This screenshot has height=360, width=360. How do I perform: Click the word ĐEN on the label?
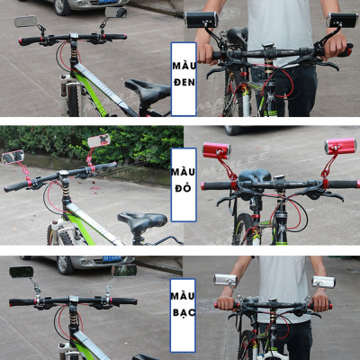pos(184,82)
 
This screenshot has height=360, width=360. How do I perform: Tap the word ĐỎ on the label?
pos(183,187)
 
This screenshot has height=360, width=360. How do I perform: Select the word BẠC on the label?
pos(184,313)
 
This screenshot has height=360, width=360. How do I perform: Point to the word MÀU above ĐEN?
pos(184,66)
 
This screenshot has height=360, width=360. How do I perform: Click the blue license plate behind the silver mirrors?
pos(112,258)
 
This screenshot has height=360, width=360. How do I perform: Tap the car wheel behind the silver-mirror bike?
pos(65,265)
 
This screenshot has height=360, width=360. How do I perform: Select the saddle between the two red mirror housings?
pos(255,175)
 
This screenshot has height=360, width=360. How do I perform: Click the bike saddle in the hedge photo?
pos(142,220)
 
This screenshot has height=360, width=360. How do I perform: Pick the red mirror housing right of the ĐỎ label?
pos(217,150)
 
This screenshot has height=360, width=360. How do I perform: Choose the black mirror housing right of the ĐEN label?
pos(202,20)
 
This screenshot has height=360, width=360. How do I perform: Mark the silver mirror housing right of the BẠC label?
pos(226,280)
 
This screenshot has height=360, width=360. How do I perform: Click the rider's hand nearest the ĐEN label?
pos(206,54)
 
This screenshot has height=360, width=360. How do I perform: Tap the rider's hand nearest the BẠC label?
pos(226,303)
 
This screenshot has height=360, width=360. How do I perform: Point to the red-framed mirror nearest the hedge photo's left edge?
pos(13,157)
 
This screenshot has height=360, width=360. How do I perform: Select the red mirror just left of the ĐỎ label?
pos(99,140)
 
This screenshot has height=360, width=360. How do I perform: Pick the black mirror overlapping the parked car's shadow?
pos(116,13)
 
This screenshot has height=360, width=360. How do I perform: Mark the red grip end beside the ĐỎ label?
pos(204,186)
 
